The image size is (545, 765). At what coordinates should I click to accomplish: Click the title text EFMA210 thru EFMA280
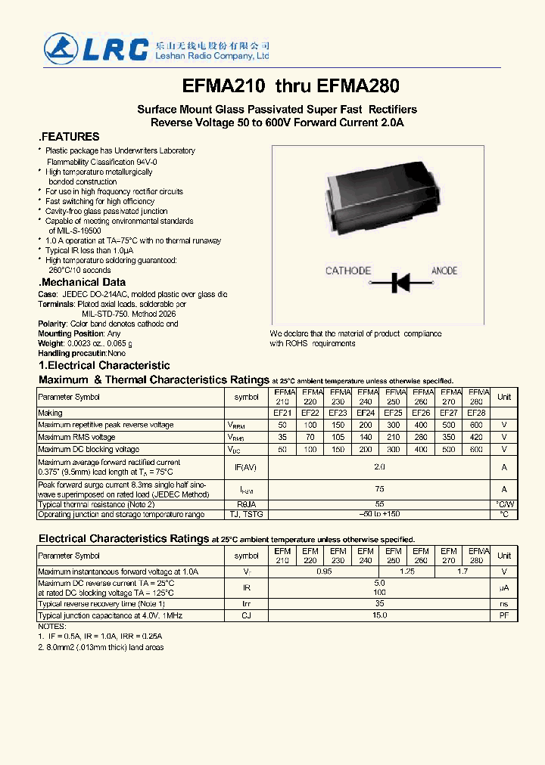tap(291, 87)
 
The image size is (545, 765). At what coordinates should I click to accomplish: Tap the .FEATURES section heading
tap(69, 137)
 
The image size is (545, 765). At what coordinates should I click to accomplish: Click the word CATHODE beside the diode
tap(348, 271)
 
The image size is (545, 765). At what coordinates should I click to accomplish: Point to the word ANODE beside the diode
tap(444, 271)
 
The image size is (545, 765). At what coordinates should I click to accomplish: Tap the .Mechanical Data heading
tap(82, 282)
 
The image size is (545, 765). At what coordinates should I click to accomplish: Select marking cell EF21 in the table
tap(282, 413)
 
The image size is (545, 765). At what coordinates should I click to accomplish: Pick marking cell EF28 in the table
tap(476, 413)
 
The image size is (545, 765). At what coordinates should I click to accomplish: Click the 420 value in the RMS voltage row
tap(476, 438)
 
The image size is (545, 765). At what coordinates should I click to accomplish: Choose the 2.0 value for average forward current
tap(380, 467)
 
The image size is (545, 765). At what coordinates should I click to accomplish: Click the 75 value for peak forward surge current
tap(380, 489)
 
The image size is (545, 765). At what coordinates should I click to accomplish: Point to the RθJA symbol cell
tap(246, 503)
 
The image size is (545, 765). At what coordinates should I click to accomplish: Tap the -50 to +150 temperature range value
tap(380, 514)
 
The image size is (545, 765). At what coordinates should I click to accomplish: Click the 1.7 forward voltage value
tap(462, 572)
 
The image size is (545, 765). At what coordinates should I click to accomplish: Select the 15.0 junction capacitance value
tap(380, 615)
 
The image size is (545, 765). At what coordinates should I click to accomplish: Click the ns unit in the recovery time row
tap(503, 605)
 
